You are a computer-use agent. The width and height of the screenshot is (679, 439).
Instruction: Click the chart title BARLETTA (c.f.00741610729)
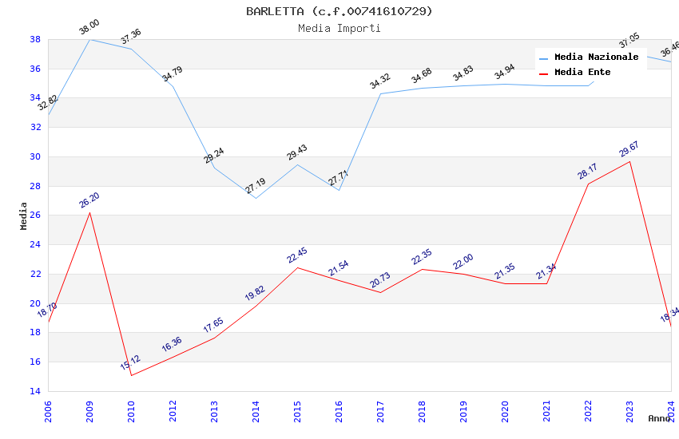[339, 11]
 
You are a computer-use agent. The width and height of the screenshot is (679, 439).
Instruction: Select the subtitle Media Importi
[339, 28]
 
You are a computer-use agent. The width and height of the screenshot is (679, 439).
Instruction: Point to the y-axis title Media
[24, 215]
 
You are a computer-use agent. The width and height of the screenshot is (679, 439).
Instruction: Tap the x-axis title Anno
[659, 418]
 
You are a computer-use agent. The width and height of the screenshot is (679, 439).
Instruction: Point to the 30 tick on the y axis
[36, 156]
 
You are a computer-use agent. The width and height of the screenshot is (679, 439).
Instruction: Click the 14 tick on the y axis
[36, 391]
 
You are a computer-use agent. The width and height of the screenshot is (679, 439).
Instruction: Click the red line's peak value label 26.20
[89, 200]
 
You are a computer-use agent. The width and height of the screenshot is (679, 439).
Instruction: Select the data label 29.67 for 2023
[629, 149]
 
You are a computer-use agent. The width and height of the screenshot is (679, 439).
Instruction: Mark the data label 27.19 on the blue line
[256, 186]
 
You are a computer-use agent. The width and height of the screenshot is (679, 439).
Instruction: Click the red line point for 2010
[131, 375]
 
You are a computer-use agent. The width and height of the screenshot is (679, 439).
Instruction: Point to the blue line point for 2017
[380, 94]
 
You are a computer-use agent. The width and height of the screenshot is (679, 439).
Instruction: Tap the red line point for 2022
[588, 184]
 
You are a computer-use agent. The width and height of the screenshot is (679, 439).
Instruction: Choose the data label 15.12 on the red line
[130, 363]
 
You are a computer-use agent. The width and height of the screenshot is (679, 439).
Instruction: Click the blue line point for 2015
[297, 164]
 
